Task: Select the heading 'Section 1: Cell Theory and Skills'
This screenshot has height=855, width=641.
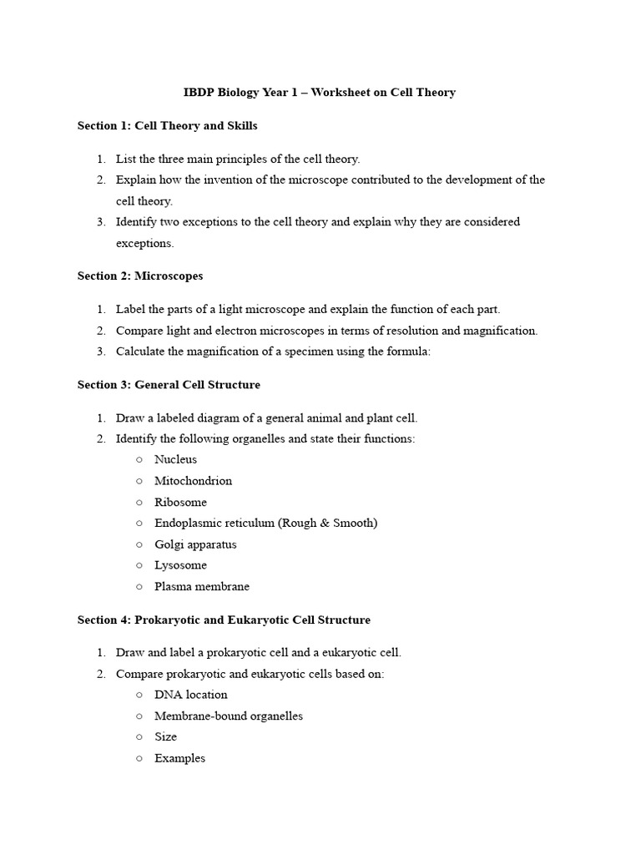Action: click(167, 125)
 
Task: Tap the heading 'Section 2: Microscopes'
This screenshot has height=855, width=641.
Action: click(140, 276)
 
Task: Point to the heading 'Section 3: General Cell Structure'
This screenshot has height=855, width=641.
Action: click(169, 385)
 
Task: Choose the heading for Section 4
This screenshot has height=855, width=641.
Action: click(224, 620)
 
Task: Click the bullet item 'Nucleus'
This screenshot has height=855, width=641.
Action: click(175, 460)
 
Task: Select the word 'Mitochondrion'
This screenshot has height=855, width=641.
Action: click(193, 481)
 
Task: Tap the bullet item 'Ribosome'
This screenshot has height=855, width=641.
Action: click(180, 503)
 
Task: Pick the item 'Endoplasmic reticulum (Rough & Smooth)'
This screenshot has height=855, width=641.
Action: click(265, 524)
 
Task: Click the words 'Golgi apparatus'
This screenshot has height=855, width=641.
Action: click(195, 544)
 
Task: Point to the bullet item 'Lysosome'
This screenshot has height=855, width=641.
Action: click(180, 565)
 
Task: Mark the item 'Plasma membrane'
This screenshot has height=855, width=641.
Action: click(201, 587)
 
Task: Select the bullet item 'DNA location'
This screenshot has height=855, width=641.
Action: click(190, 695)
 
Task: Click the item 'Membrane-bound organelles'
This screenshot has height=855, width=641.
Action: click(228, 716)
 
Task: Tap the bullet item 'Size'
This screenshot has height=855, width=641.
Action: click(165, 737)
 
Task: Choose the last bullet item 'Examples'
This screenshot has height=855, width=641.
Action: click(179, 759)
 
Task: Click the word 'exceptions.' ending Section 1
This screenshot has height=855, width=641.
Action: click(144, 244)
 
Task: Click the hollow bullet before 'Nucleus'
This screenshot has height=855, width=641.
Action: click(139, 460)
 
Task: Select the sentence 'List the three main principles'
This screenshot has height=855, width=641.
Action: click(238, 159)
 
